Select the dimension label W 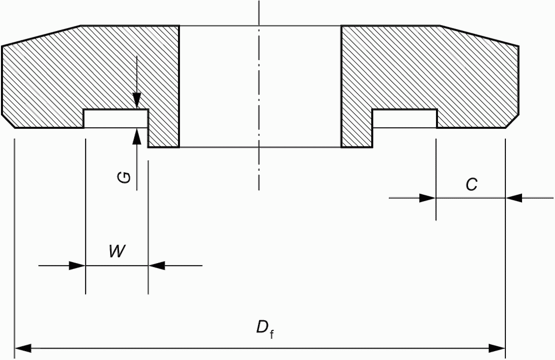(117, 251)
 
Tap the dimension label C (471, 184)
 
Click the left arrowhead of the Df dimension (23, 348)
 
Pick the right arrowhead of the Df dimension (497, 348)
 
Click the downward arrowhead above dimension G (137, 101)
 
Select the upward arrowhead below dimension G (137, 136)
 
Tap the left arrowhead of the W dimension (77, 265)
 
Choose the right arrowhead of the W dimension (156, 265)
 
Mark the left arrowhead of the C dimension (427, 198)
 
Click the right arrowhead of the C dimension (514, 198)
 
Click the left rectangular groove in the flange (116, 119)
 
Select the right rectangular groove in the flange (405, 119)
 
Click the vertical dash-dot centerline (259, 95)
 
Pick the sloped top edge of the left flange (41, 35)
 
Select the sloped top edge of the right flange (479, 35)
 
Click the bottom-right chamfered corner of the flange (512, 120)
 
